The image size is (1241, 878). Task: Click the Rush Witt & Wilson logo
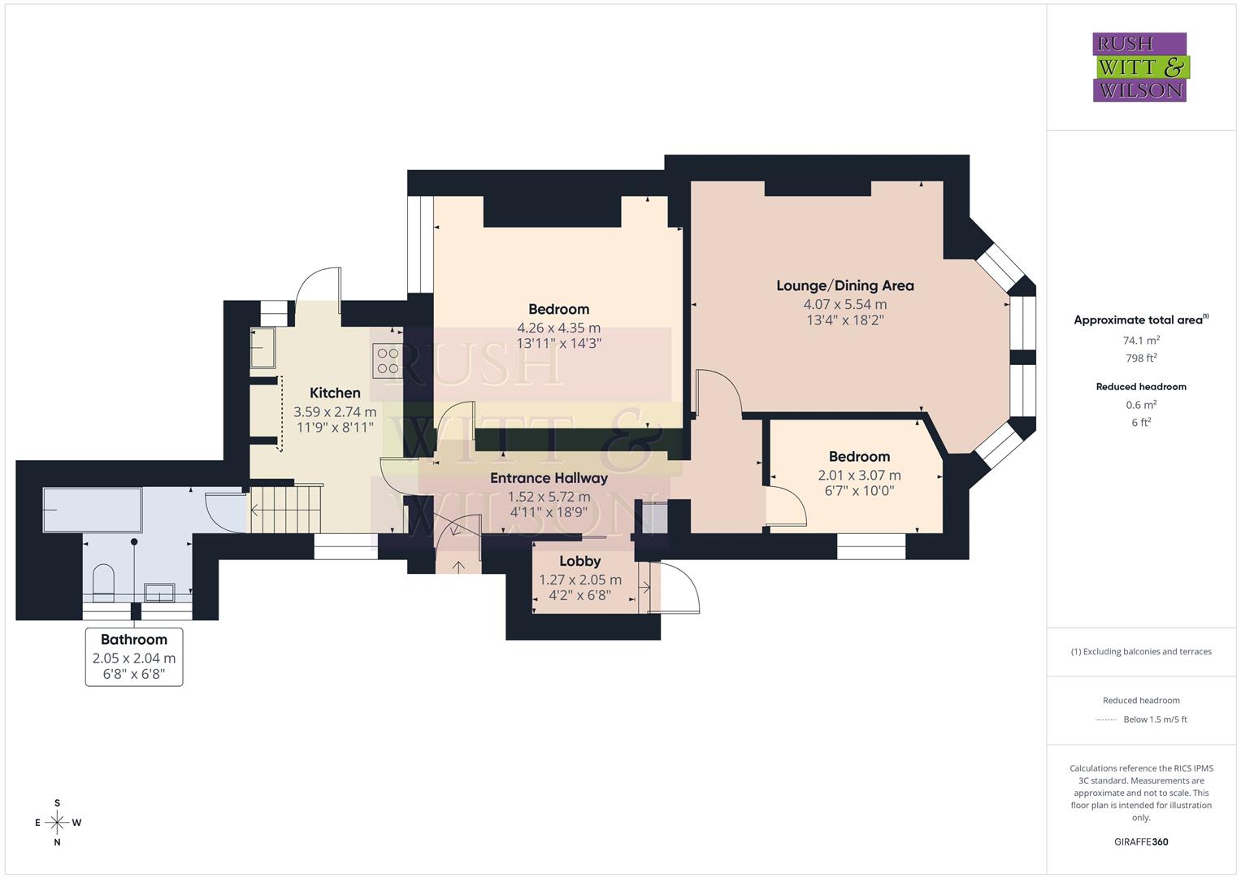[x=1139, y=67]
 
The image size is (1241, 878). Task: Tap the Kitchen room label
[x=335, y=393]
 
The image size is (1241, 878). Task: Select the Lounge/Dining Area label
[x=844, y=285]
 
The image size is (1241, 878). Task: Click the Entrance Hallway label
[x=549, y=478]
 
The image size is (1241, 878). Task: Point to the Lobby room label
[x=579, y=561]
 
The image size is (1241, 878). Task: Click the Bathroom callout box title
[x=134, y=640]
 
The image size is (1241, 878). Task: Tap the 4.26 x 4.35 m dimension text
[x=558, y=328]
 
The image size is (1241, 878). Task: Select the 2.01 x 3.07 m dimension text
[x=859, y=475]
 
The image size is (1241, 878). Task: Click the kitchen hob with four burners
[x=388, y=361]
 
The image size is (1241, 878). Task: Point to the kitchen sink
[x=263, y=347]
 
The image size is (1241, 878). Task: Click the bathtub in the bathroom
[x=92, y=510]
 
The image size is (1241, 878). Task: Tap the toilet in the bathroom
[x=103, y=580]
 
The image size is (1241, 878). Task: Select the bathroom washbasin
[x=159, y=592]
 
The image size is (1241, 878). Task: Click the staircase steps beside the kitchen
[x=285, y=510]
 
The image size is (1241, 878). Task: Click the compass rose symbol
[x=57, y=823]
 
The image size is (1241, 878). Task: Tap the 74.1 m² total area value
[x=1141, y=341]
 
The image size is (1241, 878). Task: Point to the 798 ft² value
[x=1141, y=358]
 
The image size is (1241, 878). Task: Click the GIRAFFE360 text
[x=1141, y=841]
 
